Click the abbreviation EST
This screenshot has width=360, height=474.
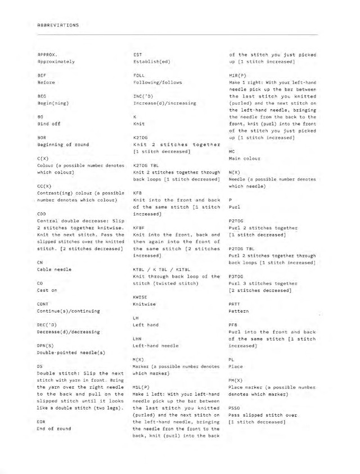click(x=137, y=52)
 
